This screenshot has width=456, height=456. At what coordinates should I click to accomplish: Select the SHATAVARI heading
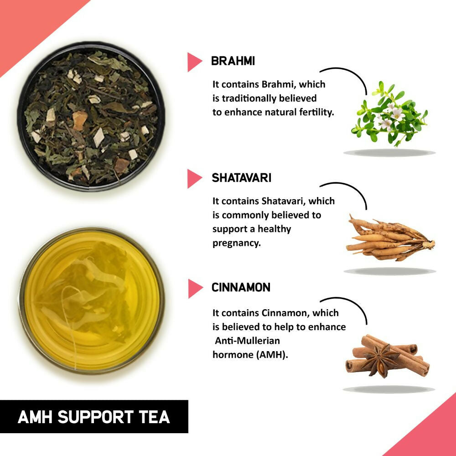(241, 178)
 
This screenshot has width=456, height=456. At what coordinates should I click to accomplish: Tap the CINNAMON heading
(241, 288)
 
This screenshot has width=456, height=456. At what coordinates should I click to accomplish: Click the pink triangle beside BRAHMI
(193, 62)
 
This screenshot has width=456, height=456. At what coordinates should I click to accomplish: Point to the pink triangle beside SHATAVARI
(193, 178)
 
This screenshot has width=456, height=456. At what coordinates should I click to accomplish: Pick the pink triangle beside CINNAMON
(194, 289)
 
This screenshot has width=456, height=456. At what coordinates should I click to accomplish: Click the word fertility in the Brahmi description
(315, 112)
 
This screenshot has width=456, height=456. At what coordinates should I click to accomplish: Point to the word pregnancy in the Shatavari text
(236, 243)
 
